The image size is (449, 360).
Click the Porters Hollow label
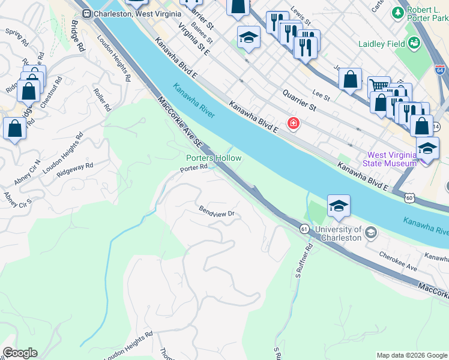pos(213,158)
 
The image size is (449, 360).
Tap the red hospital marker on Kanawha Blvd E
pos(294,124)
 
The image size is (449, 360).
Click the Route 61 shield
pos(304,228)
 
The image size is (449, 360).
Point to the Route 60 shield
pos(409,197)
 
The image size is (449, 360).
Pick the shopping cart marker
pos(378,87)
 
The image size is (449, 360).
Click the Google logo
pos(20,353)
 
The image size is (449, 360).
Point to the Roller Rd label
pos(102,100)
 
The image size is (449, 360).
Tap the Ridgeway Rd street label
pos(76,168)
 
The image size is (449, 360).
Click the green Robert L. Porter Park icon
pos(397,13)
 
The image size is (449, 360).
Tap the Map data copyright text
pos(411,355)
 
